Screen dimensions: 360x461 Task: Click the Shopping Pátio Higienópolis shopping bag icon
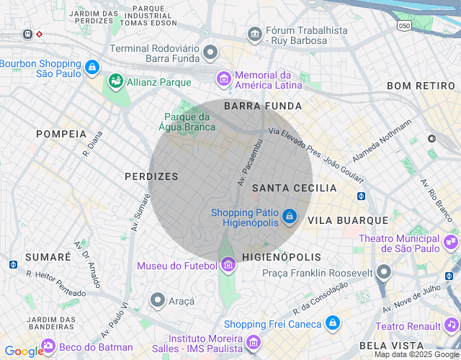pos(289,216)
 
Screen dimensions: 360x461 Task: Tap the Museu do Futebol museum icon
pos(228,266)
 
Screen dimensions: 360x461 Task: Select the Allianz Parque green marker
pos(115,82)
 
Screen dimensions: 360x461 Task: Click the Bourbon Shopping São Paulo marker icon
pos(91,68)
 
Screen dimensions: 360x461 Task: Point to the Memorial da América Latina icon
pos(224,78)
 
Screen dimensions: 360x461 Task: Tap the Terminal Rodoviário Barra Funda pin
pos(210,52)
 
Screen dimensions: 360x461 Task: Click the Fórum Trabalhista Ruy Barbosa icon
pos(254,34)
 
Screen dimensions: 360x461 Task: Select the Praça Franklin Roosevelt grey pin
pos(384,272)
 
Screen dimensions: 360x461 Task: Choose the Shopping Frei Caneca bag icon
pos(332,323)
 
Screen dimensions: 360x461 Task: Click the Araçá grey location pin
pos(158,299)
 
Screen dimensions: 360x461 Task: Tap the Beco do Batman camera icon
pos(48,346)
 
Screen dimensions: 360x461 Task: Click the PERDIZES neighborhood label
pos(151,176)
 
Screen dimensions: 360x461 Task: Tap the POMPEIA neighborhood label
pos(61,134)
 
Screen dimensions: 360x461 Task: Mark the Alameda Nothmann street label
pos(382,140)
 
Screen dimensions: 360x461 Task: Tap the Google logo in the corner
pos(24,351)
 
